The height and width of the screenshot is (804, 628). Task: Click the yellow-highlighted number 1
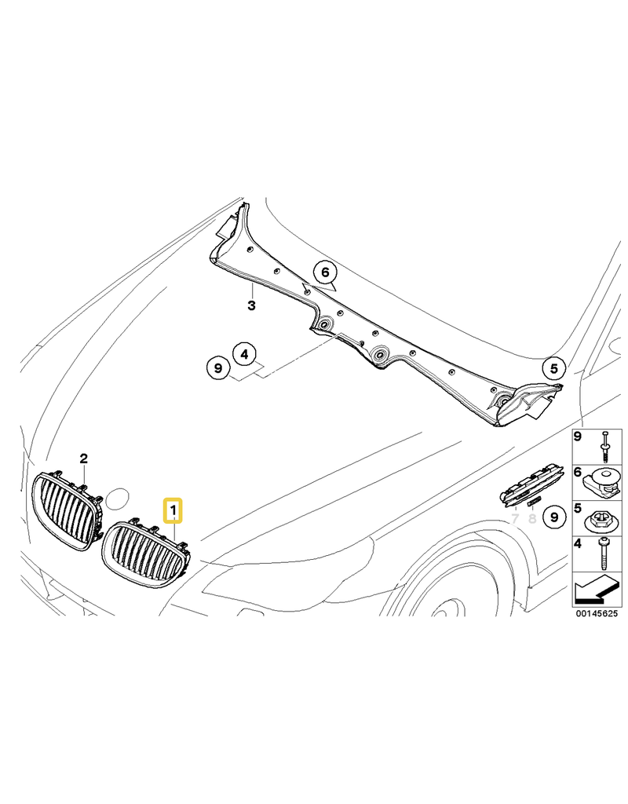[173, 510]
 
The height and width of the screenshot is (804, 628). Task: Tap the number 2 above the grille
[83, 458]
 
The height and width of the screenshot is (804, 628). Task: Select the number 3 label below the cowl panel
[251, 306]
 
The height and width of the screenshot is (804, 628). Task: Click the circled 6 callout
[326, 272]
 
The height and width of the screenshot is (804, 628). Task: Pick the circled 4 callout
[244, 354]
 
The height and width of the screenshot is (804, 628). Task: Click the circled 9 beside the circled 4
[218, 367]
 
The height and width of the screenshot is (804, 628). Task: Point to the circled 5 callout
[554, 368]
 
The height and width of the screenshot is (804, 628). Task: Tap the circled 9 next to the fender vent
[554, 517]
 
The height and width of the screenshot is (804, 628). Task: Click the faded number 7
[515, 519]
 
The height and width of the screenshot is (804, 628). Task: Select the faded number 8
[532, 519]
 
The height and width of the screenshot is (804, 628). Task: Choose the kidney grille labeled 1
[144, 553]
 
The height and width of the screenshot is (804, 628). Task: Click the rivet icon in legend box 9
[605, 447]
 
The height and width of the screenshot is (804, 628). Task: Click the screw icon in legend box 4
[603, 554]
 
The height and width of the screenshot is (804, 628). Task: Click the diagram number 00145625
[597, 613]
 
